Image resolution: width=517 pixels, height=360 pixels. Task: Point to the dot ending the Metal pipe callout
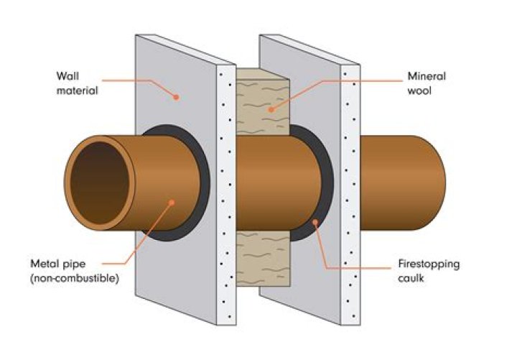[x=172, y=203]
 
